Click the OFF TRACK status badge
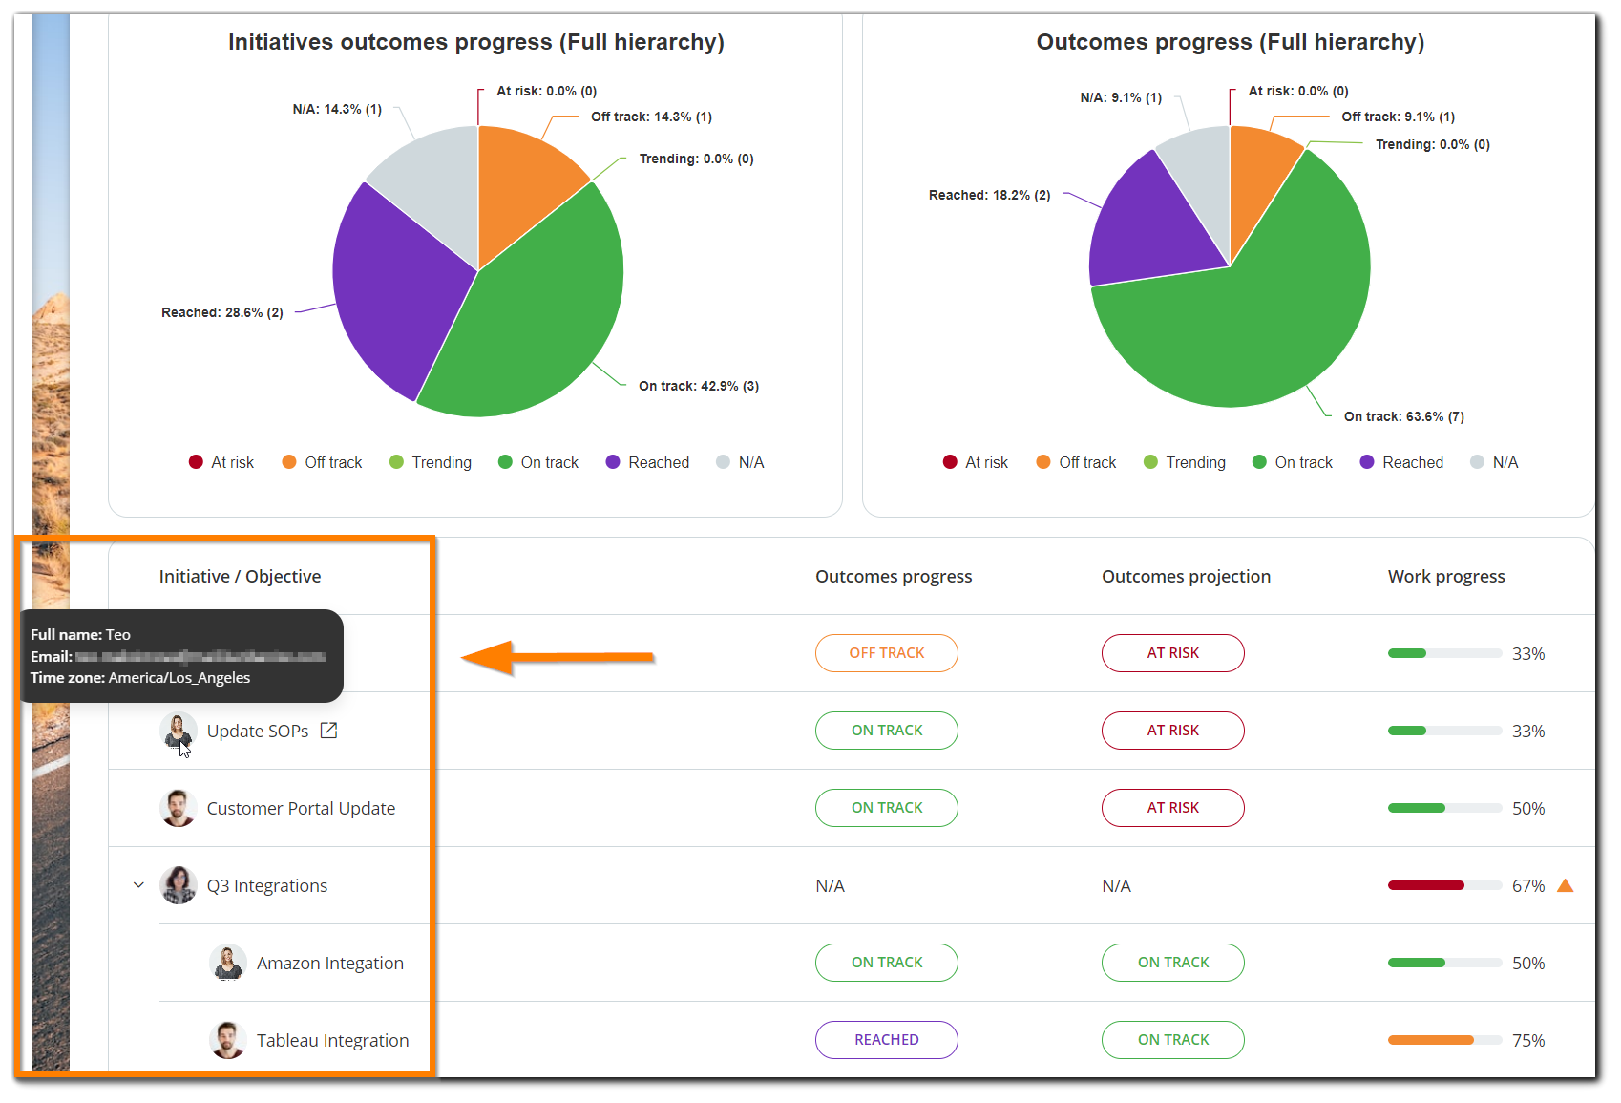coord(886,653)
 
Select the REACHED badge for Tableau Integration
coord(886,1040)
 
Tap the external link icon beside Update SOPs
coord(328,731)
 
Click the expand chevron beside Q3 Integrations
coord(138,885)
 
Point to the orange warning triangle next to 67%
coord(1565,885)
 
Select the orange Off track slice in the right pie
coord(1260,172)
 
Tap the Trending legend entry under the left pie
coord(431,462)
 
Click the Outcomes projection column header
coord(1186,576)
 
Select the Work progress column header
coord(1445,576)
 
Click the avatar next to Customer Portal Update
coord(179,808)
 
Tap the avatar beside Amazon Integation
coord(228,963)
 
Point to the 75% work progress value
coord(1527,1040)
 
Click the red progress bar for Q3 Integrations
coord(1425,885)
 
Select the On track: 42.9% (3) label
coord(699,386)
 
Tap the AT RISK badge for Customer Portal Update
coord(1172,808)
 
